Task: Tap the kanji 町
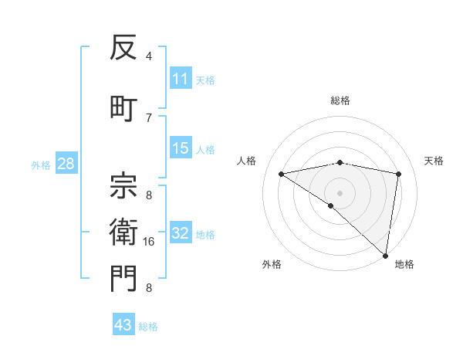123,107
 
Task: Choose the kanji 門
123,280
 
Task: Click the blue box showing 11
181,79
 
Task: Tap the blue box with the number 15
181,148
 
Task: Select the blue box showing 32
181,233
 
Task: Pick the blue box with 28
66,164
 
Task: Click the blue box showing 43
123,325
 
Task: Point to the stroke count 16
150,242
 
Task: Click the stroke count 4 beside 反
149,56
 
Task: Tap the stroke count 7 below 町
149,117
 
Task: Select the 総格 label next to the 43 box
148,327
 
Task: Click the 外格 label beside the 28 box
40,165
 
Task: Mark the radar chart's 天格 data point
398,174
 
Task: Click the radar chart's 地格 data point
386,255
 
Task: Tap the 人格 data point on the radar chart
282,174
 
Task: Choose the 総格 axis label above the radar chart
340,100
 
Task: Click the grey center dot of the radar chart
340,192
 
